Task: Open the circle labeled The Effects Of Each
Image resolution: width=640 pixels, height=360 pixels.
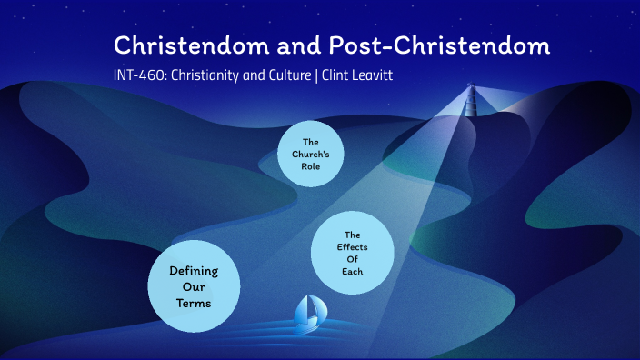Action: tap(352, 253)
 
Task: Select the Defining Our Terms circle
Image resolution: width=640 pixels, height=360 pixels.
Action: tap(193, 285)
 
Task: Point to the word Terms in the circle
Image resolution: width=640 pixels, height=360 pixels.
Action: tap(193, 302)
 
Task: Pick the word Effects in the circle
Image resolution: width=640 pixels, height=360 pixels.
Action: tap(353, 246)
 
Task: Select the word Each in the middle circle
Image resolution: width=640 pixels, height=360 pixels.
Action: tap(353, 271)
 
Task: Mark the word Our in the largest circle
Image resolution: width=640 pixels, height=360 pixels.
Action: tap(193, 285)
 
